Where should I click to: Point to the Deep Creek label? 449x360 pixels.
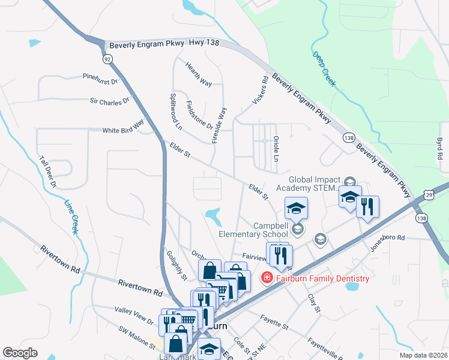point(324,69)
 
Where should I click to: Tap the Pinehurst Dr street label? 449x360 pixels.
point(101,78)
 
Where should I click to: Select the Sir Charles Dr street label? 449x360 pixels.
point(109,102)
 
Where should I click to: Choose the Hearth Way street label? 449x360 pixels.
point(199,74)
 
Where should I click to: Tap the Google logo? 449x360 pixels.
point(20,352)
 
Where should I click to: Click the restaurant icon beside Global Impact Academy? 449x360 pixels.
point(367,207)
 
